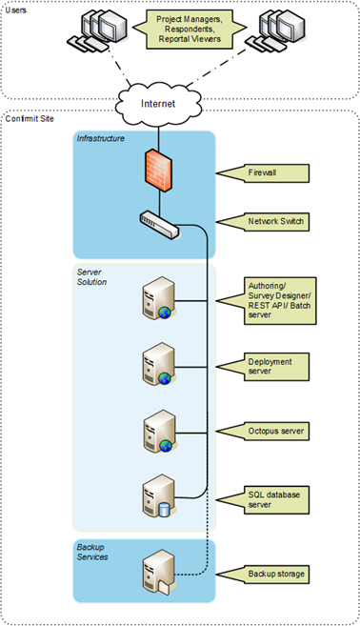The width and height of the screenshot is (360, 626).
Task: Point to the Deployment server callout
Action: tap(275, 367)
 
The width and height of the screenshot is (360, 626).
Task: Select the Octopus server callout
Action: tap(277, 432)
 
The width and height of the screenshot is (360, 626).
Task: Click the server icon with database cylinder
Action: tap(156, 495)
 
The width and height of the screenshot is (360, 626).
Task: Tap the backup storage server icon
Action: tap(156, 572)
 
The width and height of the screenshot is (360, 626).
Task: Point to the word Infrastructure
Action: tap(102, 140)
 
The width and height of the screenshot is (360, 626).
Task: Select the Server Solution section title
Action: tap(92, 277)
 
